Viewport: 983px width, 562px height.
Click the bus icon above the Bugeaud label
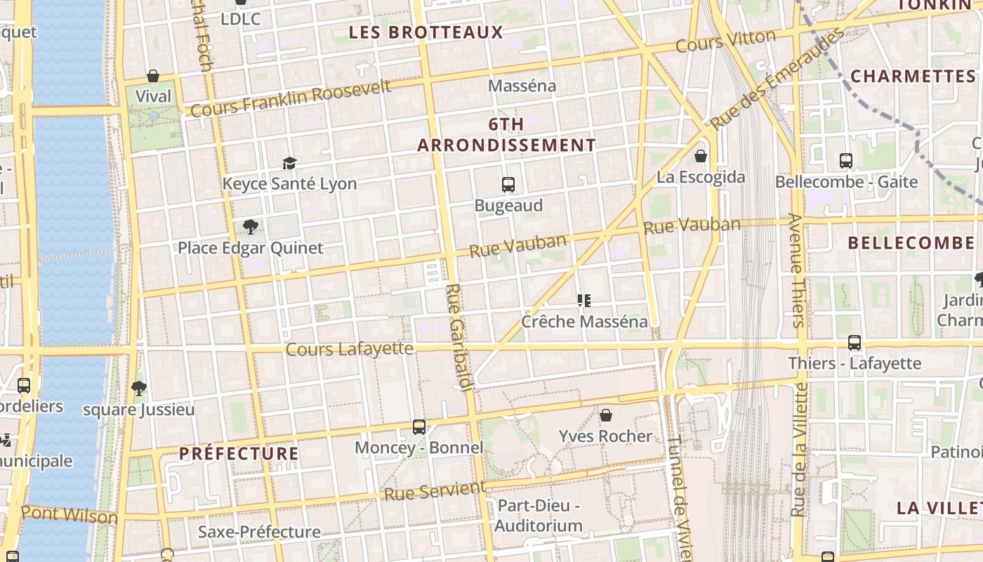click(508, 185)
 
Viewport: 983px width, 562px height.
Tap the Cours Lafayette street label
click(349, 348)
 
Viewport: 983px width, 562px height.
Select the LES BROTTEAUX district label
click(425, 32)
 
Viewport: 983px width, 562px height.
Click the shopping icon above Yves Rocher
click(606, 415)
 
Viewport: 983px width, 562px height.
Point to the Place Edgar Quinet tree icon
click(250, 226)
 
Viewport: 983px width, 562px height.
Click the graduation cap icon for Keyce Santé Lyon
click(289, 163)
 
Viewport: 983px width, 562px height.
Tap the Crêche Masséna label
click(584, 322)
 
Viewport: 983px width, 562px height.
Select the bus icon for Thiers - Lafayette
click(855, 343)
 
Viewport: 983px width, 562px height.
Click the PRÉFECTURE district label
click(239, 454)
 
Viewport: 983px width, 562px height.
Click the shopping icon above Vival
click(153, 76)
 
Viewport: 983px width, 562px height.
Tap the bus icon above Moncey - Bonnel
click(419, 426)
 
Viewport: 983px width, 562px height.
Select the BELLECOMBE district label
click(911, 243)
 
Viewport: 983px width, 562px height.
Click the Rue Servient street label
click(435, 490)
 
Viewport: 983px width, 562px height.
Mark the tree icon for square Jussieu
click(139, 388)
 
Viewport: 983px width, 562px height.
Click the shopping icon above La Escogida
click(700, 156)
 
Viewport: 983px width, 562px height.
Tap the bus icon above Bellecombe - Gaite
click(846, 161)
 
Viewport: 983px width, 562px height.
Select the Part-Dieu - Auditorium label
click(539, 516)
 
